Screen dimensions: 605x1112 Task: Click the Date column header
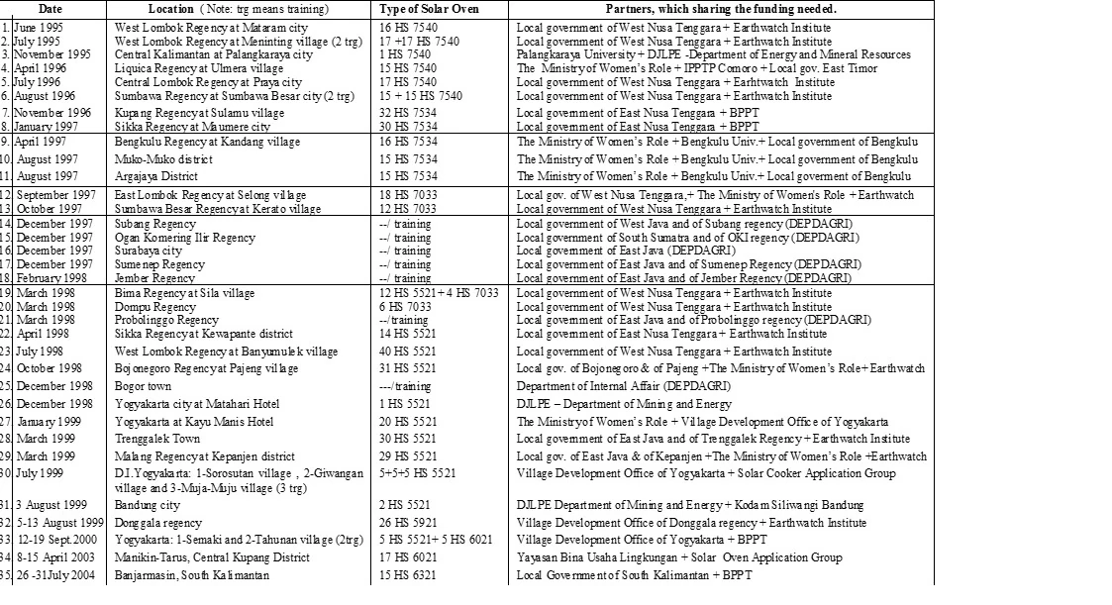click(54, 9)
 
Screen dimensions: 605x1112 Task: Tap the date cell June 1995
click(35, 28)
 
